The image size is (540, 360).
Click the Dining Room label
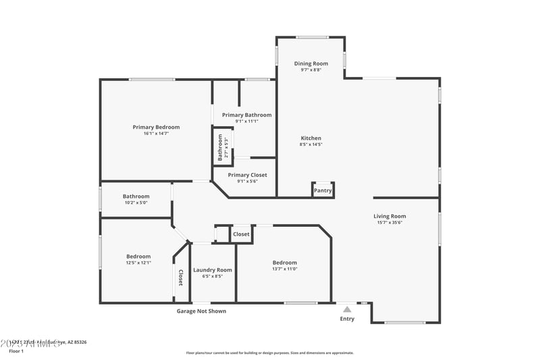(311, 63)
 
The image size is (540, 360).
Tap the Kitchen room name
(311, 138)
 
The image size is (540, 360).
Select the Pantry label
(323, 191)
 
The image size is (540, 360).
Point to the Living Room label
(390, 216)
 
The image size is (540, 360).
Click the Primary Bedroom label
(156, 127)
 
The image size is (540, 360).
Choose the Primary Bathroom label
(247, 115)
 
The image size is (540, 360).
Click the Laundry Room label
(213, 269)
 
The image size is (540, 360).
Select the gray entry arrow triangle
(347, 309)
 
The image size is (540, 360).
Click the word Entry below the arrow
(347, 319)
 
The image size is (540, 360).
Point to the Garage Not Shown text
(201, 311)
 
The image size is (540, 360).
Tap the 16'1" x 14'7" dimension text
(156, 134)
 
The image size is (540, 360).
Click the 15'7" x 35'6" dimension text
(390, 223)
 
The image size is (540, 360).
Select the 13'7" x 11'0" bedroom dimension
(284, 269)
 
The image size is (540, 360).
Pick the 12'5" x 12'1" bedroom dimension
(138, 263)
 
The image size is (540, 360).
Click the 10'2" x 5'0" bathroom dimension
(136, 203)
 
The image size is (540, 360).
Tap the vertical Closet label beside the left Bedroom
(180, 278)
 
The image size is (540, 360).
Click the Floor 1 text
(16, 351)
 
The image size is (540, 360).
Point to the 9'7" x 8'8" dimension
(311, 70)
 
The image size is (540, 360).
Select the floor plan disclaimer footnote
(269, 353)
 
